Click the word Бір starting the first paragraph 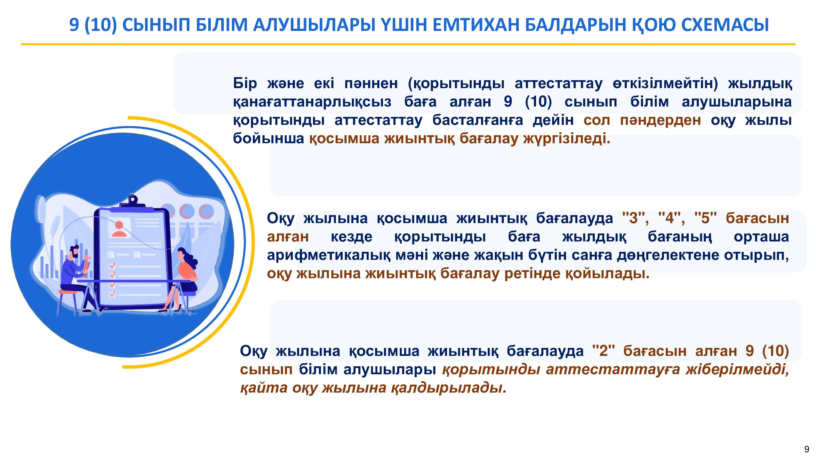[x=245, y=83]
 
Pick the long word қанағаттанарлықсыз [x=312, y=102]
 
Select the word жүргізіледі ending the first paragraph [x=566, y=139]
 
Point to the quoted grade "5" [x=705, y=218]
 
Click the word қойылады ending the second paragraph [x=607, y=274]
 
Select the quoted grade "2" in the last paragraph [x=603, y=351]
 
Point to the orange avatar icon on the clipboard [x=119, y=229]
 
